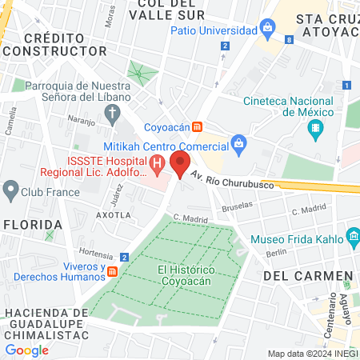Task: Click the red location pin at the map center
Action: point(180,164)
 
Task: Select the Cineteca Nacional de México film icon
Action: point(319,128)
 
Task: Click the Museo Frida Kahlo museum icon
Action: point(353,237)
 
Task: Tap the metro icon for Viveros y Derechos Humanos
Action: point(113,270)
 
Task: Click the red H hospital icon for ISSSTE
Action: point(158,166)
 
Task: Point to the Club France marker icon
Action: point(10,190)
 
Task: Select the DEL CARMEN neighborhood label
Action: point(307,276)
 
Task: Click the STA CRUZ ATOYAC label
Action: point(327,26)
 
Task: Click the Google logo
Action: point(27,350)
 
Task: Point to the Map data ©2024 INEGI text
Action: point(311,354)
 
